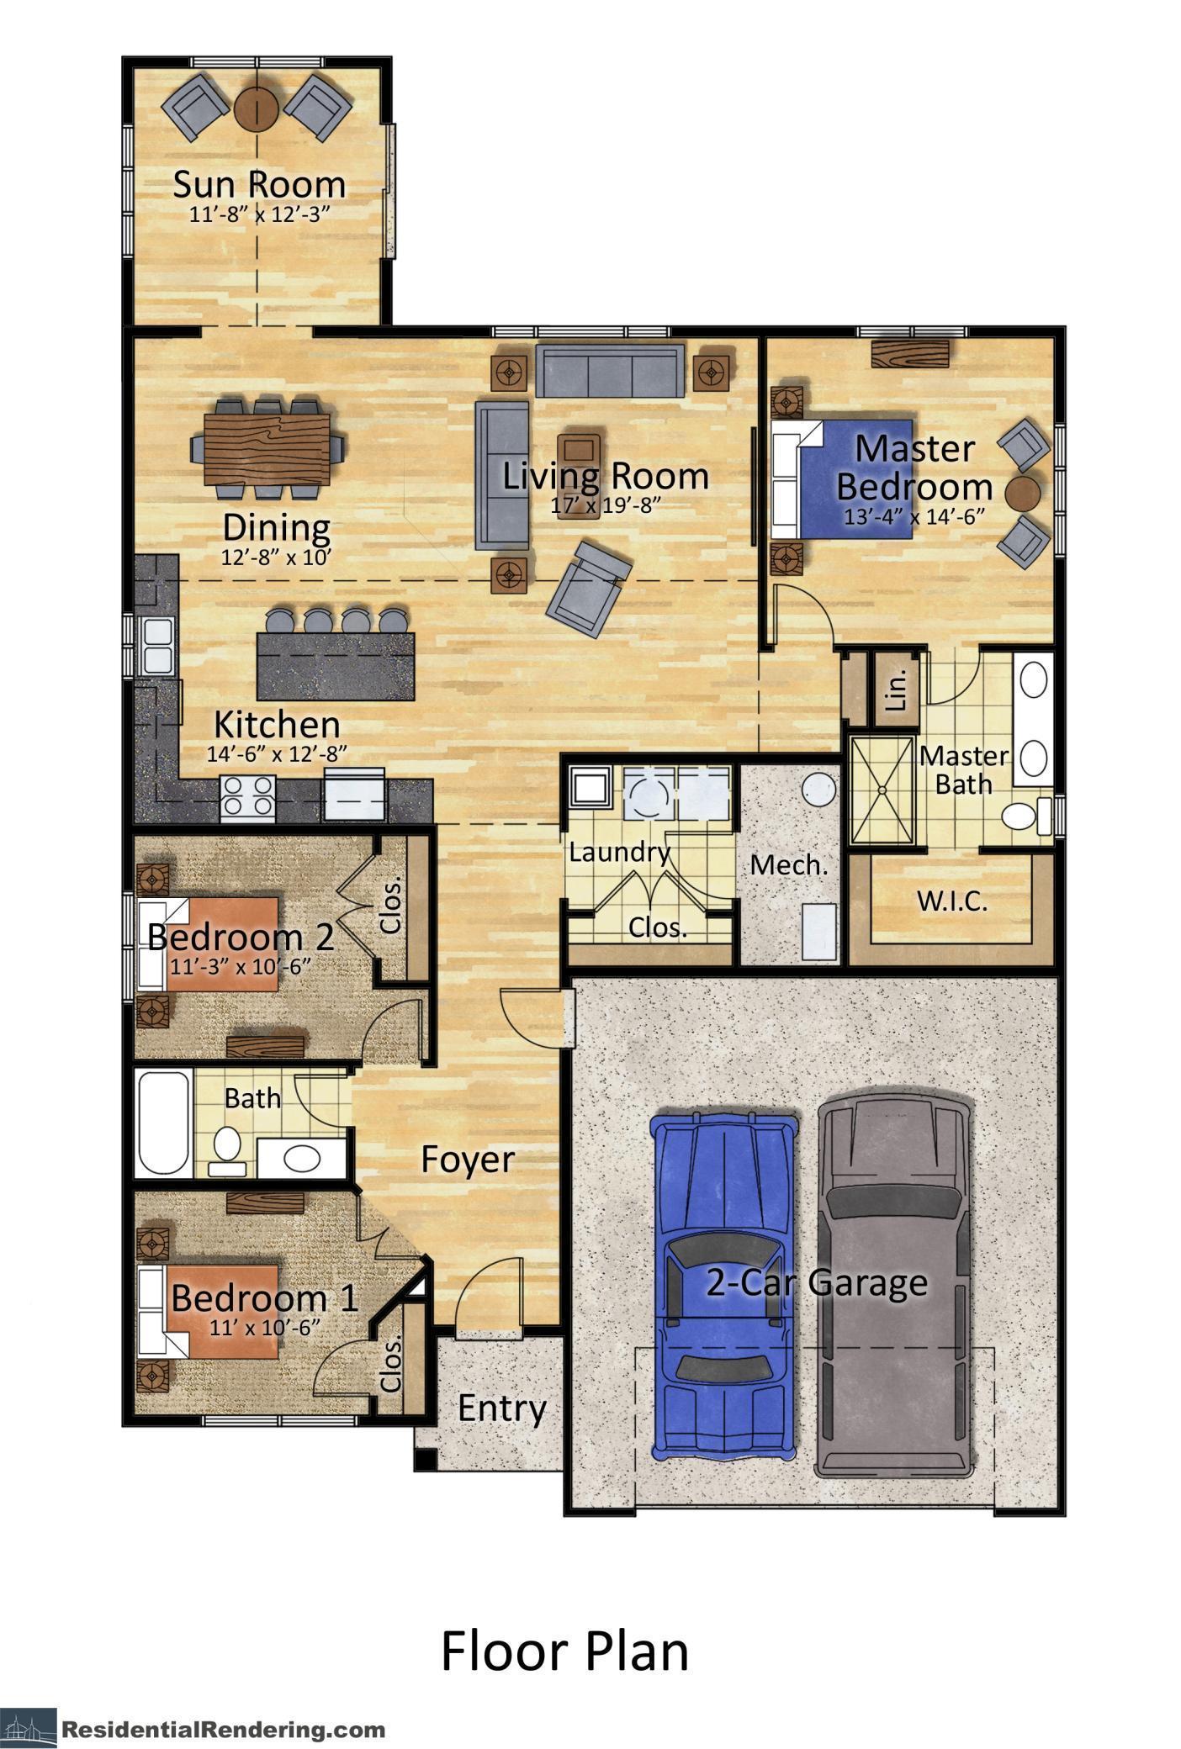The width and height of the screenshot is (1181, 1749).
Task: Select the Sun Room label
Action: (x=259, y=184)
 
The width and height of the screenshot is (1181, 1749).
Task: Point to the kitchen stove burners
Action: (x=248, y=795)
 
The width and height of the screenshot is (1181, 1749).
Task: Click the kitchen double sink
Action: (x=156, y=644)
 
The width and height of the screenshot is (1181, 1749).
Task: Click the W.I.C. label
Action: (x=951, y=902)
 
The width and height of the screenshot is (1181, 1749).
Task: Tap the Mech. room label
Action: (x=788, y=864)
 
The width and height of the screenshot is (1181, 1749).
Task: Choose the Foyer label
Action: (x=467, y=1159)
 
